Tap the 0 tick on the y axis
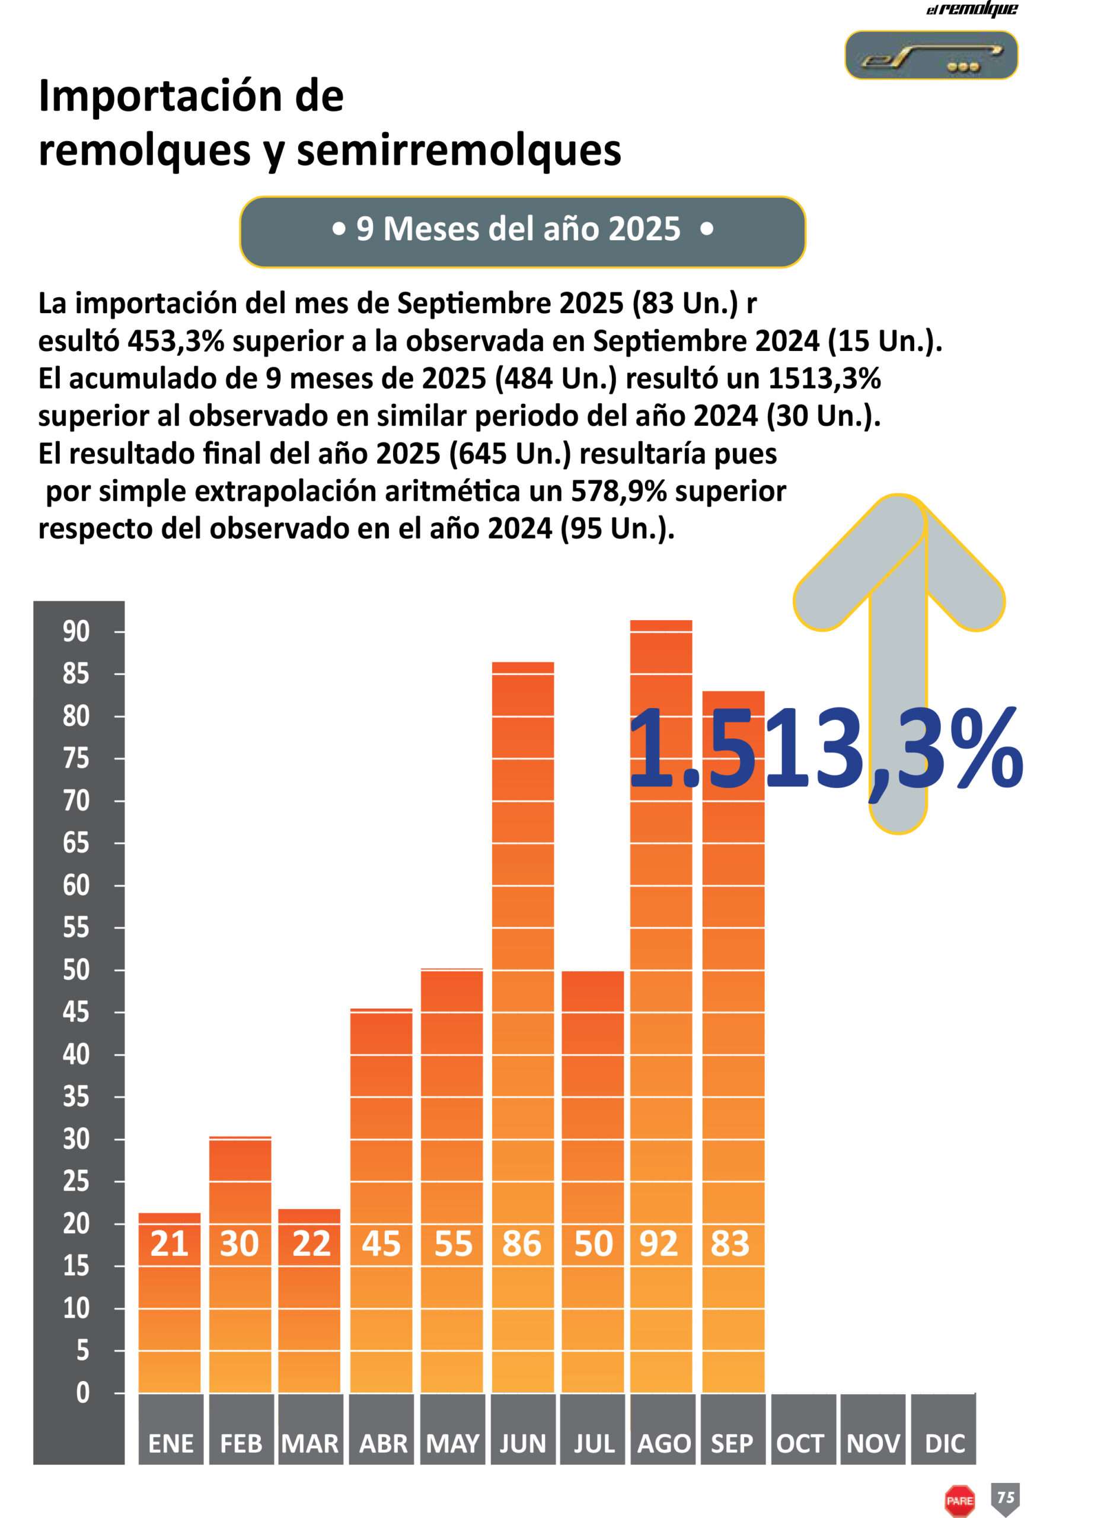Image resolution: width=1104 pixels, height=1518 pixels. point(82,1393)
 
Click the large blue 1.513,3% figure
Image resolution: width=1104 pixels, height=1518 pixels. point(826,750)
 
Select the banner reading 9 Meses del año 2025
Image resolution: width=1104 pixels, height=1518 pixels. point(522,231)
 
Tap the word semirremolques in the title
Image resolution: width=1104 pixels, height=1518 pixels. point(459,151)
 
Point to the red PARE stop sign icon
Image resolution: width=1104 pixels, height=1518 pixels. point(959,1501)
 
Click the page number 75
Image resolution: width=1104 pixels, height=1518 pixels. point(1006,1496)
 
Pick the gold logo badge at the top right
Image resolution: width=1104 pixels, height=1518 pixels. point(931,56)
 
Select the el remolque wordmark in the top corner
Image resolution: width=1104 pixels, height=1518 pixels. point(972,9)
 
